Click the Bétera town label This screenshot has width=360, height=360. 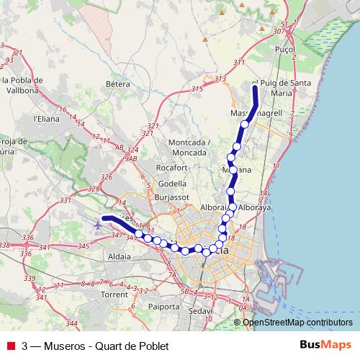pyautogui.click(x=116, y=84)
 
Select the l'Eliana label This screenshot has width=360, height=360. pyautogui.click(x=45, y=118)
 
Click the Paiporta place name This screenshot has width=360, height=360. pyautogui.click(x=163, y=305)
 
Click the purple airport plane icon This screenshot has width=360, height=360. pyautogui.click(x=98, y=225)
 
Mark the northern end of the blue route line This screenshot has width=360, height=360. pyautogui.click(x=255, y=86)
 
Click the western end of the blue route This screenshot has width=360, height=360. pyautogui.click(x=104, y=217)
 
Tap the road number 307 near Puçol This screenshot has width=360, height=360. pyautogui.click(x=279, y=32)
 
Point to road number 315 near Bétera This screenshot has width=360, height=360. pyautogui.click(x=197, y=89)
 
